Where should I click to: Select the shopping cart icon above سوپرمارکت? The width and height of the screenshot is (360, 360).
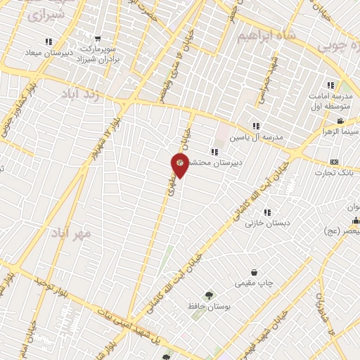(97, 39)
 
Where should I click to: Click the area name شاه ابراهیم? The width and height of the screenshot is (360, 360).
(265, 35)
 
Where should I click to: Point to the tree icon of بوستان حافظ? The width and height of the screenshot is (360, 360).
(208, 296)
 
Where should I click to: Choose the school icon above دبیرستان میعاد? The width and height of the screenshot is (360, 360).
(48, 43)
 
